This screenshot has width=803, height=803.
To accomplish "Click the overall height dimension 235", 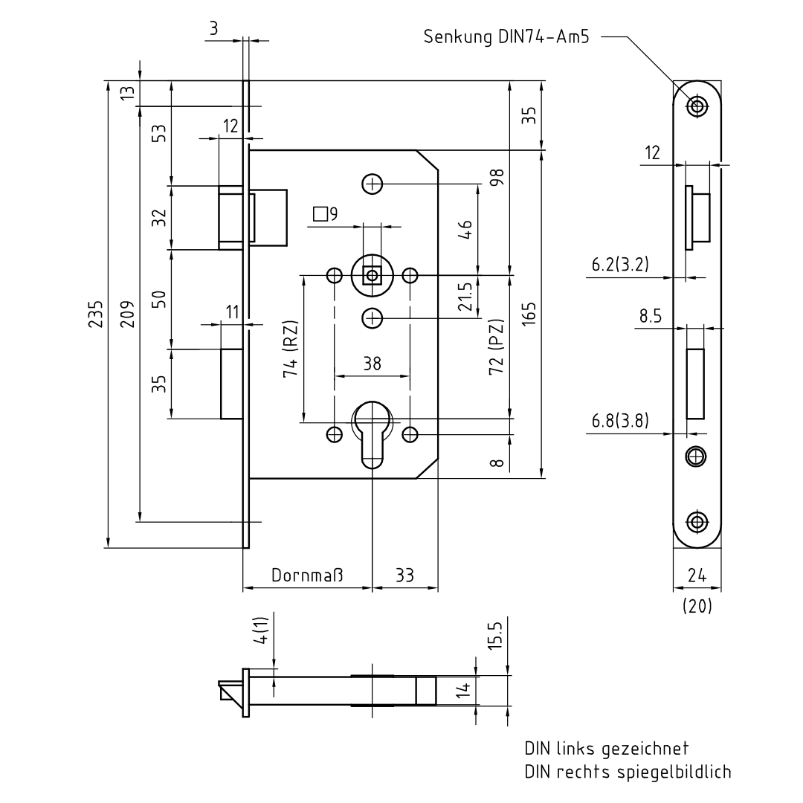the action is point(96,314).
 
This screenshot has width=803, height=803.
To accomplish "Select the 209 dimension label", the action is point(127,314).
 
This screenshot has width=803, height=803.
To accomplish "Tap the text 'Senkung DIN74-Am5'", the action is point(506,37).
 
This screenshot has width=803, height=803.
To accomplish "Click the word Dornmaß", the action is point(307,575).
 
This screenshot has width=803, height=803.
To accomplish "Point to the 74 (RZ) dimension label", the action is point(291,349).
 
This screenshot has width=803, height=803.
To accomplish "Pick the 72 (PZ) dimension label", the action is point(496,346).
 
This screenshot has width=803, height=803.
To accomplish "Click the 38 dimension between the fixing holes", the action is point(373,364).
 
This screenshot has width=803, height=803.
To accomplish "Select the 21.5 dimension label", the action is point(465,297).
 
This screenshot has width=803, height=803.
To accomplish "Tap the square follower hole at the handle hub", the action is point(373,276).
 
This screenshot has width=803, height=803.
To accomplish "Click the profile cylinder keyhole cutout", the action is point(373,435).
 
